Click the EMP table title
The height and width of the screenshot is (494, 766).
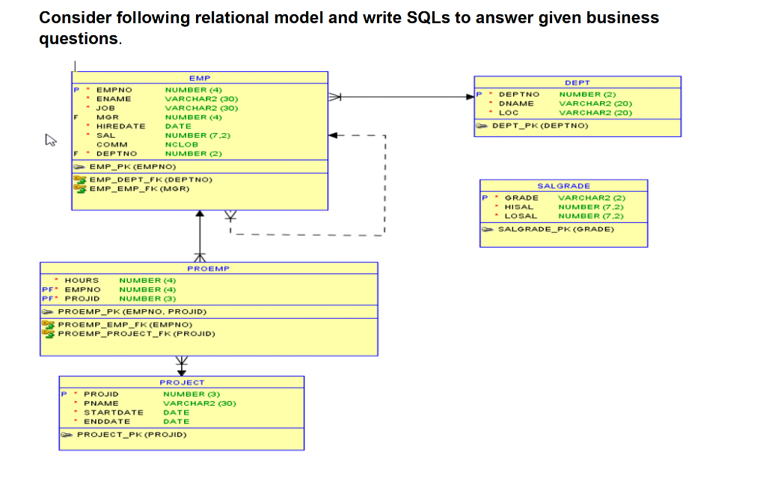(200, 78)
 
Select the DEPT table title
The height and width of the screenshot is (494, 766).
(577, 82)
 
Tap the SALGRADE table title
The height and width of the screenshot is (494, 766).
(563, 186)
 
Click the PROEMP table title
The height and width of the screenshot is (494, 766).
(208, 268)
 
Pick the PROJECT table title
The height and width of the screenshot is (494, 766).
(181, 382)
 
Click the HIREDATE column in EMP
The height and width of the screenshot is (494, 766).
(120, 126)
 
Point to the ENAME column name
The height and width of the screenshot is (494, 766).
(114, 99)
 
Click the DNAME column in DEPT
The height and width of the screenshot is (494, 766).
(516, 103)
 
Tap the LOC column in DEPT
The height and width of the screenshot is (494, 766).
(509, 112)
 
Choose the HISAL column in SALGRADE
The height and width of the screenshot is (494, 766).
(519, 207)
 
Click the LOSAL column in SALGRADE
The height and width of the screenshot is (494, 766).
(521, 216)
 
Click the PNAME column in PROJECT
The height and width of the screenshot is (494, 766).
(101, 403)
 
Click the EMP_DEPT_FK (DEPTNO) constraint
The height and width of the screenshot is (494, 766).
(151, 180)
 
